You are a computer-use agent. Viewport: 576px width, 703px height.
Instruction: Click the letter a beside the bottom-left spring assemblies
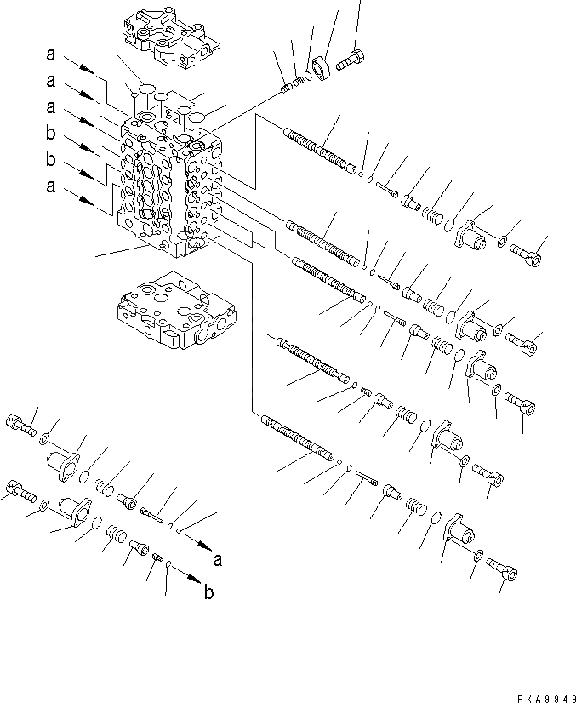tap(219, 559)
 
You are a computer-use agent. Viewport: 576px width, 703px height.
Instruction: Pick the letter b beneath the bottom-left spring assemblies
tap(209, 593)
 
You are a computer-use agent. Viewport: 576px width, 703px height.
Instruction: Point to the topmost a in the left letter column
tap(52, 55)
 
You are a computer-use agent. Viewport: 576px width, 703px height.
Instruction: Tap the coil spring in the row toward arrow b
tap(116, 537)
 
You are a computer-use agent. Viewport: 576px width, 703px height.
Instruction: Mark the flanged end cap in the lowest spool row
tap(459, 534)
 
